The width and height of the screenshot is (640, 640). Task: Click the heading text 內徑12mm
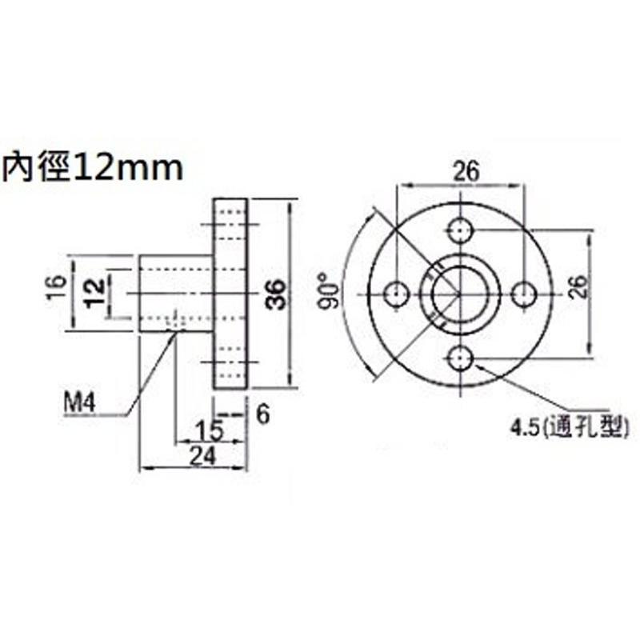(x=93, y=167)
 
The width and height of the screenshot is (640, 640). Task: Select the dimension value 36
(x=276, y=294)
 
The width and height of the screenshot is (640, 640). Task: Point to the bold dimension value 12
(x=94, y=293)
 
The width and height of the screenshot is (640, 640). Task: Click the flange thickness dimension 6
(x=264, y=414)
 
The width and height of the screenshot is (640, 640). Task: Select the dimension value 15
(x=210, y=431)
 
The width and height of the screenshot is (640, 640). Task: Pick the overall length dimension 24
(x=203, y=456)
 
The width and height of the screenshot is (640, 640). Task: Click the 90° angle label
(x=330, y=291)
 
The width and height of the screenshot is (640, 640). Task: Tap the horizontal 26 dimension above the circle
(x=466, y=172)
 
